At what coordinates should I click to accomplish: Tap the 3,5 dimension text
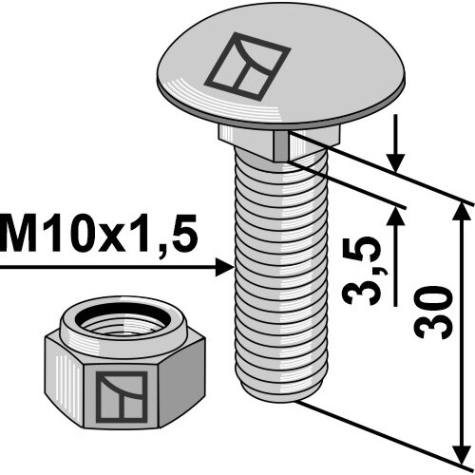click(361, 271)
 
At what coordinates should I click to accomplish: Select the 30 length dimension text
click(433, 313)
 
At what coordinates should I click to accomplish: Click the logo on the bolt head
click(247, 64)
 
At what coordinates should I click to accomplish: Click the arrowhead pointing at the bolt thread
click(224, 268)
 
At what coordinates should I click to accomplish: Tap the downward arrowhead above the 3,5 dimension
click(396, 162)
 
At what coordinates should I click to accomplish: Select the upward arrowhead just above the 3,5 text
click(395, 216)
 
